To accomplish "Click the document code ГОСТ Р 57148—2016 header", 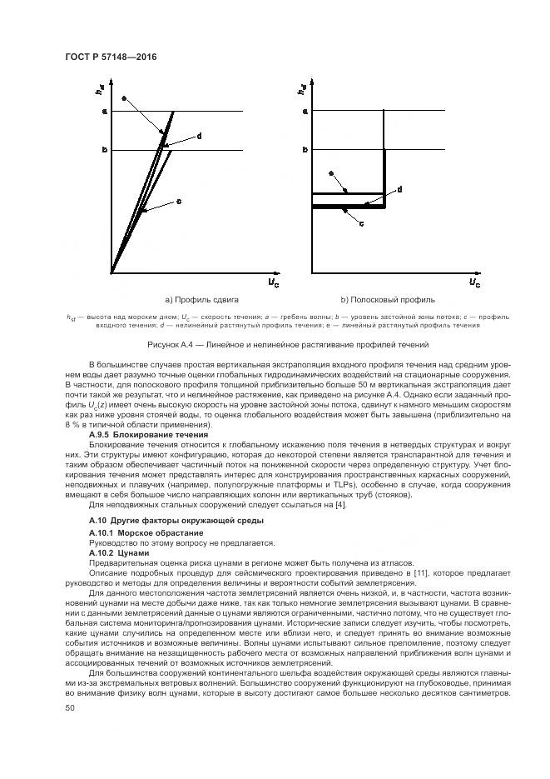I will click(111, 57).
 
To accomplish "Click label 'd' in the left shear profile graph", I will click(199, 135).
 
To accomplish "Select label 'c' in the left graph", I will click(179, 201).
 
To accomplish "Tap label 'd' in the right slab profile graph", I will click(400, 190).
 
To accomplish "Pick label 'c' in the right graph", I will click(360, 223).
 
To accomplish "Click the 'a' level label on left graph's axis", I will click(104, 111).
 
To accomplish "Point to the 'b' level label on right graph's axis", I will click(305, 150).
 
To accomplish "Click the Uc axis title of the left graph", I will click(273, 283).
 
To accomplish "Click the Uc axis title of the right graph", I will click(473, 283).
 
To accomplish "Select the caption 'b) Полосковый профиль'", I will click(388, 299).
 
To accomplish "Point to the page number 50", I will click(69, 707).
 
